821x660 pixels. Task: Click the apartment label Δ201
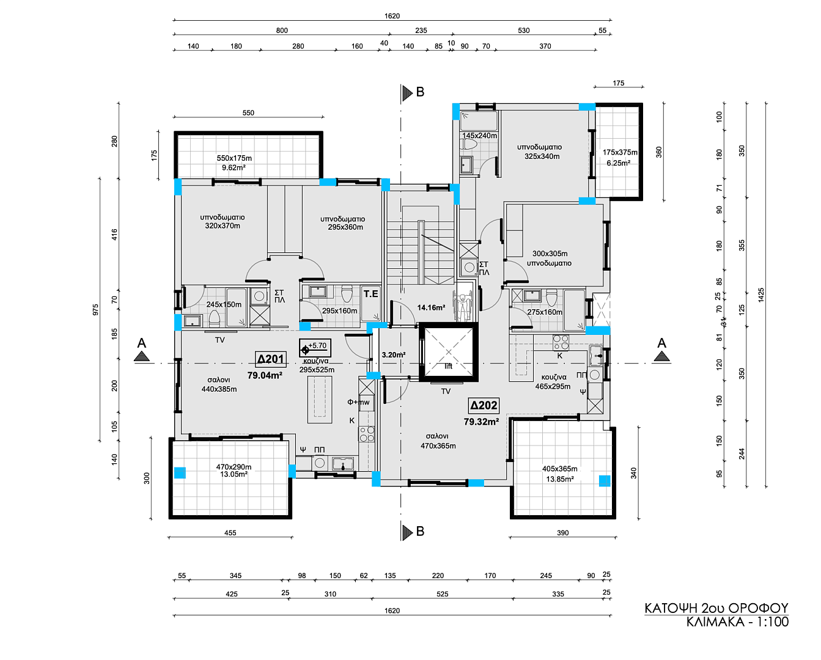[270, 359]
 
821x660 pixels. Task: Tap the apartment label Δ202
[484, 405]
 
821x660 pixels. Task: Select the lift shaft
[448, 352]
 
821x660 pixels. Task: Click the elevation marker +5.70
[315, 348]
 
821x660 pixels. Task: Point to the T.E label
[370, 294]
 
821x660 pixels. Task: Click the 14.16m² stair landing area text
[431, 307]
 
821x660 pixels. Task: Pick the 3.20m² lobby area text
[393, 355]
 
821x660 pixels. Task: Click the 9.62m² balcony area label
[234, 167]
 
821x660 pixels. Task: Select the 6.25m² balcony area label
[619, 163]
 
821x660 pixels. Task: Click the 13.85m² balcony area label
[560, 479]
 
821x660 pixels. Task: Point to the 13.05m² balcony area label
[234, 474]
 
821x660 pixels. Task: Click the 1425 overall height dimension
[760, 295]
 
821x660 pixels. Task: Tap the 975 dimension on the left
[95, 309]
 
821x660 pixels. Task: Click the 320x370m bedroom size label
[223, 226]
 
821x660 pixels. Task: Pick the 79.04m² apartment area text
[265, 375]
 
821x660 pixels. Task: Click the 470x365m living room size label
[438, 446]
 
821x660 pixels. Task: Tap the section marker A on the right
[661, 343]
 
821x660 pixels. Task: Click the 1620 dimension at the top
[392, 16]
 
